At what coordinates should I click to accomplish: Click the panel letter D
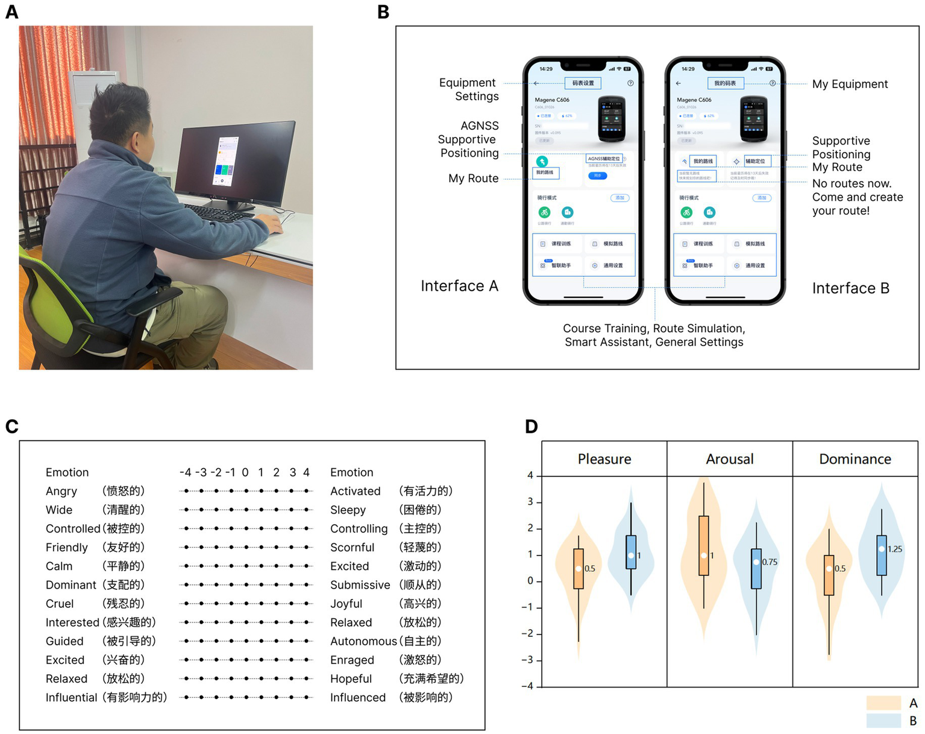pyautogui.click(x=531, y=426)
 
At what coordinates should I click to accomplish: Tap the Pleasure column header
pyautogui.click(x=604, y=459)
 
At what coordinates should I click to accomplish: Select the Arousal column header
pyautogui.click(x=730, y=459)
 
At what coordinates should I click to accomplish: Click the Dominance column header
pyautogui.click(x=855, y=459)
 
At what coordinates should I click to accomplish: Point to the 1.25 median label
pyautogui.click(x=895, y=549)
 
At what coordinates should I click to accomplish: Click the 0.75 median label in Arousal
pyautogui.click(x=770, y=562)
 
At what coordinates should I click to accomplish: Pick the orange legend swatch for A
pyautogui.click(x=883, y=703)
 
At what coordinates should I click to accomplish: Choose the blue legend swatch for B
pyautogui.click(x=883, y=721)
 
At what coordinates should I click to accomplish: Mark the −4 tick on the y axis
pyautogui.click(x=530, y=686)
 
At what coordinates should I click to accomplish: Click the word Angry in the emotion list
pyautogui.click(x=61, y=491)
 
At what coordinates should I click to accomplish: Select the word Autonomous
pyautogui.click(x=363, y=641)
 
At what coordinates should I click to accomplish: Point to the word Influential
pyautogui.click(x=71, y=697)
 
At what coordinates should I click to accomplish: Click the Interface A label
pyautogui.click(x=459, y=286)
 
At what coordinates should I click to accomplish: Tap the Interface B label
pyautogui.click(x=850, y=288)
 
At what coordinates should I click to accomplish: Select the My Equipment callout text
pyautogui.click(x=850, y=84)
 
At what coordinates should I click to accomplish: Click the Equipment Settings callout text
pyautogui.click(x=469, y=89)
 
